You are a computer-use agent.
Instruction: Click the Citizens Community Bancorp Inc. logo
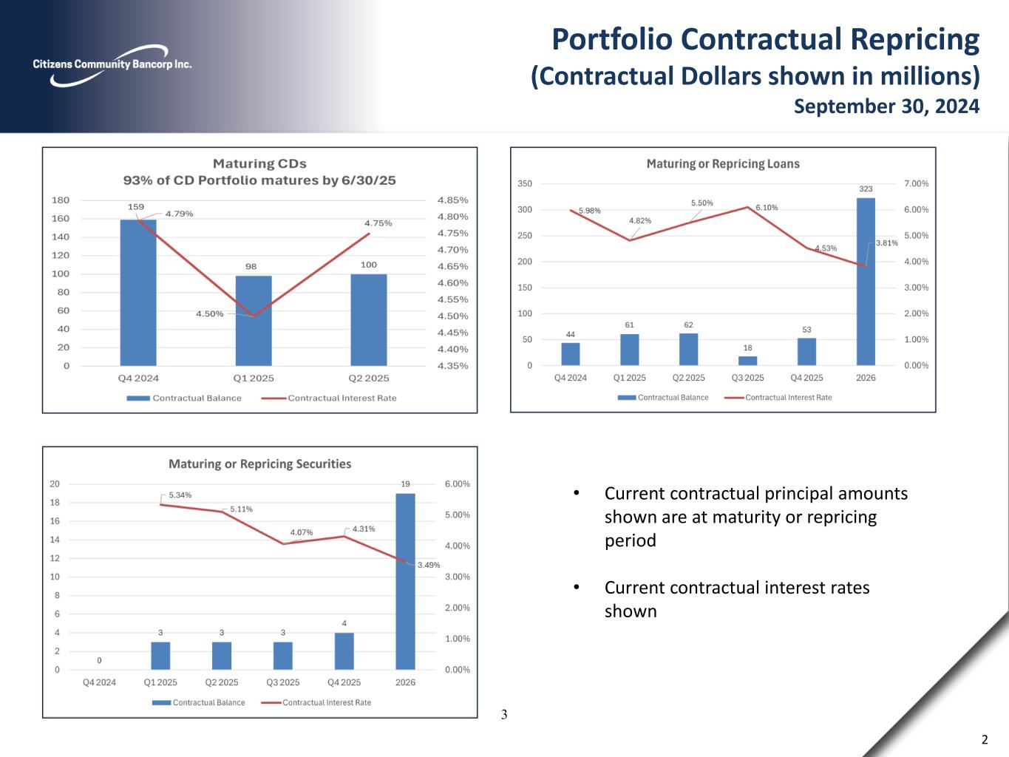tap(112, 65)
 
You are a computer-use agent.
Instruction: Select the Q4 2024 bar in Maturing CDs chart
tap(138, 292)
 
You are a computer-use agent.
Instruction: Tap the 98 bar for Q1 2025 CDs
tap(253, 320)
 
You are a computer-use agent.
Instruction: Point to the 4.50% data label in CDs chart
tap(209, 313)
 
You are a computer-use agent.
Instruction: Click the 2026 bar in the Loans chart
tap(866, 281)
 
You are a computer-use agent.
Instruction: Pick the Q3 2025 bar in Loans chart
tap(747, 361)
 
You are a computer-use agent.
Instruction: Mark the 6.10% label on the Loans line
tap(767, 208)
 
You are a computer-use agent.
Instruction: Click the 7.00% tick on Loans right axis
tap(916, 183)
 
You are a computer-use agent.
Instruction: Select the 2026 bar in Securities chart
tap(405, 581)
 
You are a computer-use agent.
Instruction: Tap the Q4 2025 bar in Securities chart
tap(344, 651)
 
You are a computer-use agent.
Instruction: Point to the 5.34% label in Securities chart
tap(180, 495)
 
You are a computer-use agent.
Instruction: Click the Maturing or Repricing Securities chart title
tap(259, 464)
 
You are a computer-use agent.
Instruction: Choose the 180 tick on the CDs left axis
tap(61, 200)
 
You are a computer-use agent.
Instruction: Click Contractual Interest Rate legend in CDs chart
tap(342, 398)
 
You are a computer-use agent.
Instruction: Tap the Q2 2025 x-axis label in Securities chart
tap(222, 682)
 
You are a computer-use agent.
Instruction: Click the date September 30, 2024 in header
tap(886, 106)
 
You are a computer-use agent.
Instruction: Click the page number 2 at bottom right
tap(984, 740)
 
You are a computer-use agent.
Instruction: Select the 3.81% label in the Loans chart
tap(886, 243)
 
